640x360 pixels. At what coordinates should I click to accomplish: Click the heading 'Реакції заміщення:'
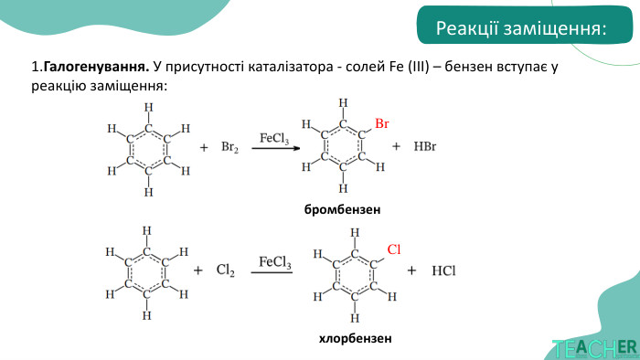(520, 29)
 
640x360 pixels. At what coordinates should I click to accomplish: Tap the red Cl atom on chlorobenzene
(394, 249)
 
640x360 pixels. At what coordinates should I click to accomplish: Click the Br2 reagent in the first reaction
(229, 147)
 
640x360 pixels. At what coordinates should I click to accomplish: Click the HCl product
(443, 271)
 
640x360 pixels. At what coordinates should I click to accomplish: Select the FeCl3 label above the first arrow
(274, 139)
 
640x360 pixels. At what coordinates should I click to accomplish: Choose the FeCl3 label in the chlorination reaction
(275, 262)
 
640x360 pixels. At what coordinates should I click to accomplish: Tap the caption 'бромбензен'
(343, 209)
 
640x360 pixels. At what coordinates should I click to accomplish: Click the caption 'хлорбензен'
(355, 338)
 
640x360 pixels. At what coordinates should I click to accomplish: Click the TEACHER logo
(594, 348)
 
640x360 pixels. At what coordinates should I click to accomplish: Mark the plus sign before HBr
(397, 146)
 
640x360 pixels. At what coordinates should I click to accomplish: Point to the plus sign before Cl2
(197, 271)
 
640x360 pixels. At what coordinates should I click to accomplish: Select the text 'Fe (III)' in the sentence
(402, 69)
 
